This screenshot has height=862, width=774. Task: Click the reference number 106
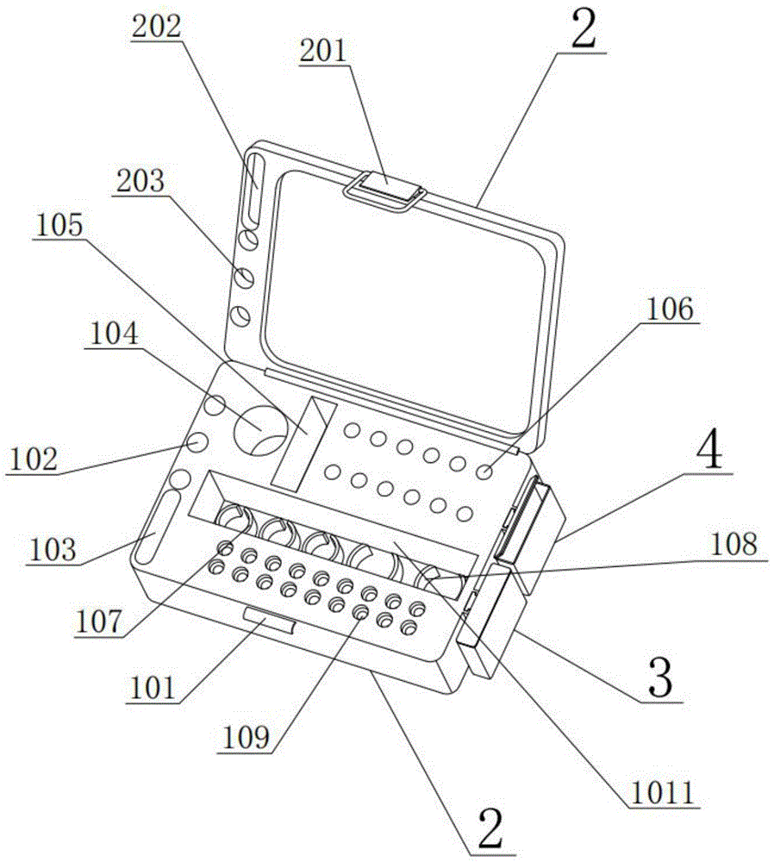tap(671, 309)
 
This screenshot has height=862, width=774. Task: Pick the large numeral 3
tap(659, 681)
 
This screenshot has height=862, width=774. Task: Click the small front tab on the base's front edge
tap(269, 617)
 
